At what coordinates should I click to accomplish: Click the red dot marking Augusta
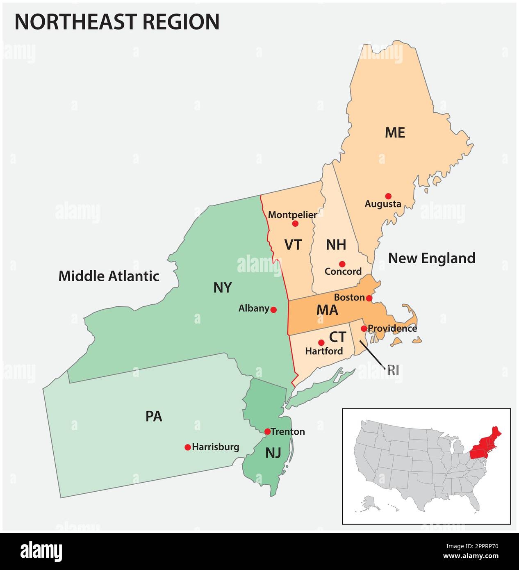pyautogui.click(x=388, y=196)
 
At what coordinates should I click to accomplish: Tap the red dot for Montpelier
pyautogui.click(x=295, y=223)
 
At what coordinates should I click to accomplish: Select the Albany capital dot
pyautogui.click(x=273, y=310)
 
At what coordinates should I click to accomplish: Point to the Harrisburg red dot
pyautogui.click(x=188, y=447)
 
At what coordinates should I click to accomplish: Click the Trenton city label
pyautogui.click(x=288, y=431)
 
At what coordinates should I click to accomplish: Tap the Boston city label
pyautogui.click(x=349, y=297)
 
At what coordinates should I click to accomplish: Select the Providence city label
pyautogui.click(x=392, y=328)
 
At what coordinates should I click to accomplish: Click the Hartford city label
pyautogui.click(x=324, y=351)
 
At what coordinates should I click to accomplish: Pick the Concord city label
pyautogui.click(x=343, y=271)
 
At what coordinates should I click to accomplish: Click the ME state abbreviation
pyautogui.click(x=395, y=132)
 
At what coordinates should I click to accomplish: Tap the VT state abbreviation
pyautogui.click(x=293, y=245)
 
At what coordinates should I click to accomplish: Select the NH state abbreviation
pyautogui.click(x=336, y=245)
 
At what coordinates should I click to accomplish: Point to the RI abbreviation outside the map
pyautogui.click(x=393, y=370)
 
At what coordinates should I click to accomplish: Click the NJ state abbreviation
pyautogui.click(x=273, y=453)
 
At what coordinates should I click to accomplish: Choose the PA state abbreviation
pyautogui.click(x=154, y=417)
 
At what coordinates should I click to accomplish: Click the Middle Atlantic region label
pyautogui.click(x=109, y=276)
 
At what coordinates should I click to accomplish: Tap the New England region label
pyautogui.click(x=432, y=258)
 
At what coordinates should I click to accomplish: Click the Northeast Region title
pyautogui.click(x=117, y=22)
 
